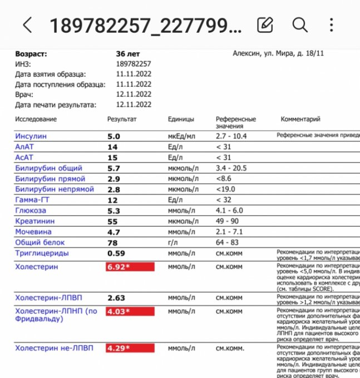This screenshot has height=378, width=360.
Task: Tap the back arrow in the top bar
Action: [27, 24]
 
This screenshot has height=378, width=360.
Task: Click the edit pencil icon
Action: [265, 24]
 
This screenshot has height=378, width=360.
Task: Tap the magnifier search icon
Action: [300, 24]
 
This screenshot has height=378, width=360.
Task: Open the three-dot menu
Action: [332, 24]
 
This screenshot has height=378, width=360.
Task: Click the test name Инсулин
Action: [31, 136]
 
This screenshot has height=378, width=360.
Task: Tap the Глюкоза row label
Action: [31, 211]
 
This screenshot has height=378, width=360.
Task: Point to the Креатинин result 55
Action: [113, 221]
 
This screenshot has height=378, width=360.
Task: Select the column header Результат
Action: [122, 120]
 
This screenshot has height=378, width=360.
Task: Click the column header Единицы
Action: [181, 120]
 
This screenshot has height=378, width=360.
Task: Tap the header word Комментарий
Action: [300, 120]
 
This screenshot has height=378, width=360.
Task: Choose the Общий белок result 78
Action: [113, 242]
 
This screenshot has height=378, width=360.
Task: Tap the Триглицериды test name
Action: [42, 253]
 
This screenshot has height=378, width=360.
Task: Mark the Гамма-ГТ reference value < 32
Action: [224, 200]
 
